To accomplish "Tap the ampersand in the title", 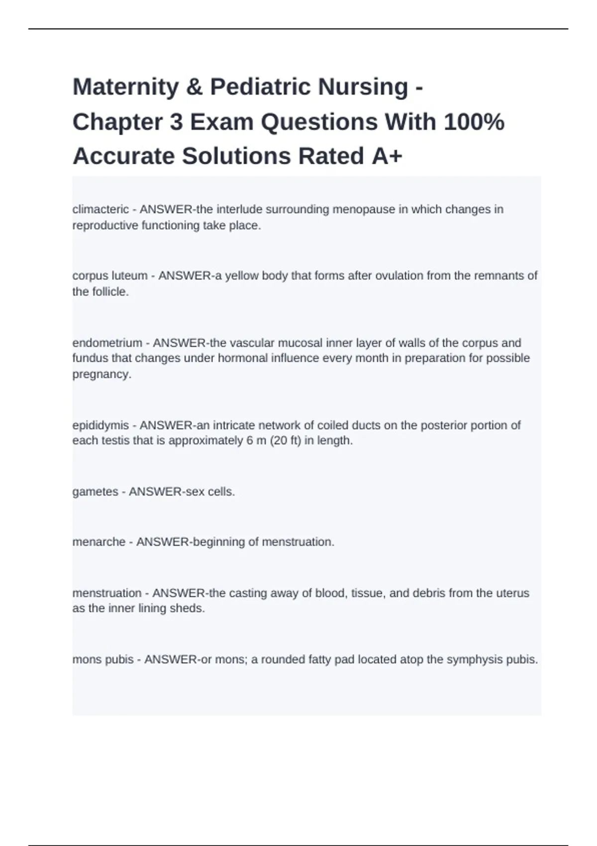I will click(195, 87).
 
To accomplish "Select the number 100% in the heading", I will click(474, 122).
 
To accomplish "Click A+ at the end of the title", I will click(387, 156).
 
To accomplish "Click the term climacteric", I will click(100, 210).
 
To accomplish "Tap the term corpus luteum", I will click(110, 276).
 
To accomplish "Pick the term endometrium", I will click(107, 343).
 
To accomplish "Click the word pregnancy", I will click(100, 374).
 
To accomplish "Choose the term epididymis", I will click(100, 425).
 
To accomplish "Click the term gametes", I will click(95, 492).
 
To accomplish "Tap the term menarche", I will click(99, 542).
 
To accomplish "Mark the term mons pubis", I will click(103, 660).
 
